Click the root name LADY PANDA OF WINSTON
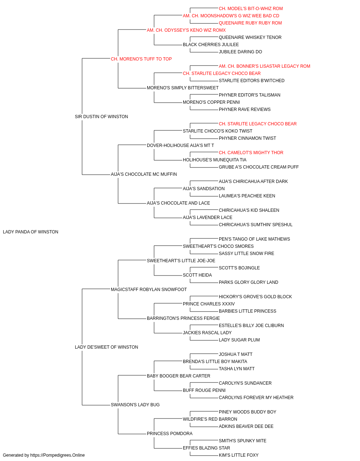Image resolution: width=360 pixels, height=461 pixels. [x=31, y=232]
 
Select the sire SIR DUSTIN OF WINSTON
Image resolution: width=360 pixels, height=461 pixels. [x=102, y=117]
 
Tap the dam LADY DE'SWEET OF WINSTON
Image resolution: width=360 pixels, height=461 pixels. [x=107, y=347]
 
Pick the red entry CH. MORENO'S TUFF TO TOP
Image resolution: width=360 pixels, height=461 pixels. [x=141, y=59]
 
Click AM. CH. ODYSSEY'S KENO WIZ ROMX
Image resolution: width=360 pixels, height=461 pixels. [x=186, y=30]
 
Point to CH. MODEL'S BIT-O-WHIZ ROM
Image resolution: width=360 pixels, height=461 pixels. [x=251, y=9]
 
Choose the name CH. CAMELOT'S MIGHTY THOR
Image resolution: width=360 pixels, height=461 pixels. [x=251, y=153]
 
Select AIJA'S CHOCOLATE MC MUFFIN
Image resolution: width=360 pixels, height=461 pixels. [x=144, y=174]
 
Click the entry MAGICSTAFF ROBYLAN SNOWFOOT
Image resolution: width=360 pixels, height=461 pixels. [x=149, y=289]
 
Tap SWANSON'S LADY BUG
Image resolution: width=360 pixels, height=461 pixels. [x=135, y=404]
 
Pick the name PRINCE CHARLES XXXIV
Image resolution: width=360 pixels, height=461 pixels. [x=209, y=304]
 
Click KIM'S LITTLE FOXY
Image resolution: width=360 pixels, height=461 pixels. [x=239, y=455]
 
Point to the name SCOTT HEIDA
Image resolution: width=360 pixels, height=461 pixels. [x=197, y=275]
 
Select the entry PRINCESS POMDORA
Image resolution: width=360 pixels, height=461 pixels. [x=170, y=433]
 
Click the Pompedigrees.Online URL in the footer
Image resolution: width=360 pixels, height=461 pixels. [x=57, y=455]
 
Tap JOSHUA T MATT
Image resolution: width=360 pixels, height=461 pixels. [x=235, y=354]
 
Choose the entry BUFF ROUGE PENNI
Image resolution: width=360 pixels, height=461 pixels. [x=204, y=390]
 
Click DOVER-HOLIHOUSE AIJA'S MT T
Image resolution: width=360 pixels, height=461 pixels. [x=180, y=145]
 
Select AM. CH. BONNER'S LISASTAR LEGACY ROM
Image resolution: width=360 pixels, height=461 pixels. [x=264, y=66]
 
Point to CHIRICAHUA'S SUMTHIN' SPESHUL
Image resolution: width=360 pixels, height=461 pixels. [x=256, y=224]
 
